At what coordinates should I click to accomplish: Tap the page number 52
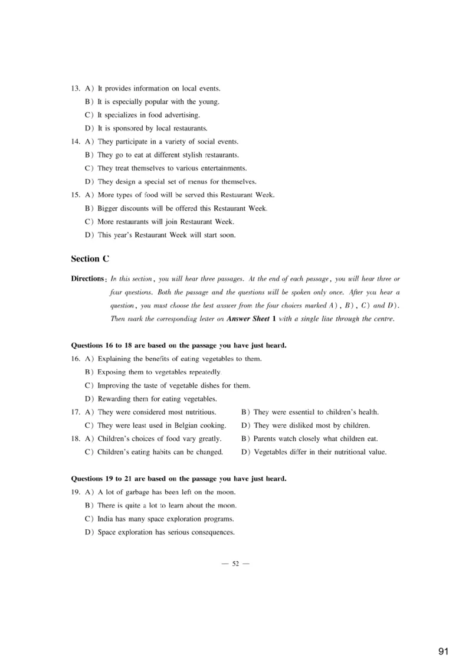(235, 564)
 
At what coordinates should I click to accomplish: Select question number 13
(76, 89)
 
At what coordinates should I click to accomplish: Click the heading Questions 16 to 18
(179, 345)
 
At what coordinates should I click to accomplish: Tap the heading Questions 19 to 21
(179, 479)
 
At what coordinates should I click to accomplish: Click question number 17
(76, 412)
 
